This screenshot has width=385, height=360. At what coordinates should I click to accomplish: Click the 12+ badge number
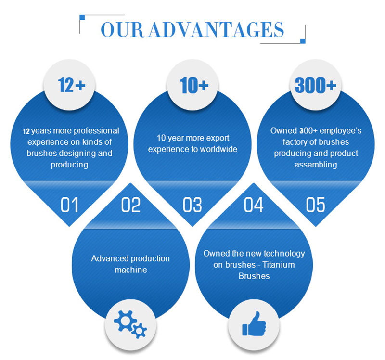[71, 85]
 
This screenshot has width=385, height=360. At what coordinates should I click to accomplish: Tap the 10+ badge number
[194, 85]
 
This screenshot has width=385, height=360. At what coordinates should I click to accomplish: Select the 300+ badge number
[316, 85]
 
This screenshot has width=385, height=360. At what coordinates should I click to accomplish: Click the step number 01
[69, 205]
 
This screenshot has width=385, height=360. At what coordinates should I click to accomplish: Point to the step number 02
[131, 205]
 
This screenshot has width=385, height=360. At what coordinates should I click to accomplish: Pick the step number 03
[192, 205]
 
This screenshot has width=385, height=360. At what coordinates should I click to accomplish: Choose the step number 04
[254, 205]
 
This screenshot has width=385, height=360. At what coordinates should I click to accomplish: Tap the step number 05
[316, 205]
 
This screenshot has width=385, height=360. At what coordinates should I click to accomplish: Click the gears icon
[130, 324]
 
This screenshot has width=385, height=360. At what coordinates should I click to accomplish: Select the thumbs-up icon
[254, 323]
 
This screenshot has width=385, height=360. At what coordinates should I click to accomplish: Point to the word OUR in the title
[122, 30]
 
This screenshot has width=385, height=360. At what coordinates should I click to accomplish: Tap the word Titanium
[279, 265]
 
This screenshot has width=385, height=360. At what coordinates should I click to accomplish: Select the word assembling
[316, 165]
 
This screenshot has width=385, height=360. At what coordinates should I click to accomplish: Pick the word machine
[131, 270]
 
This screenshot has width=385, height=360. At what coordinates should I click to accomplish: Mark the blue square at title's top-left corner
[82, 17]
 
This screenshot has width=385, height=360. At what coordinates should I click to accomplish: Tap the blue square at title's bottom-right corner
[303, 41]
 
